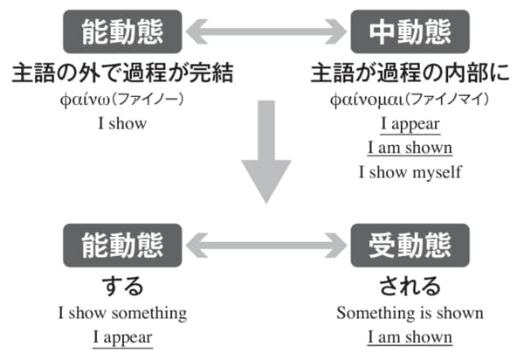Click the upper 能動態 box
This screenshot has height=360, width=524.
122,31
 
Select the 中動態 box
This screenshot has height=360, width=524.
410,31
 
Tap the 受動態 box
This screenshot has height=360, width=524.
410,246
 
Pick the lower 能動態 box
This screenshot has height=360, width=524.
122,246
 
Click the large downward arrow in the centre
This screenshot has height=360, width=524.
266,151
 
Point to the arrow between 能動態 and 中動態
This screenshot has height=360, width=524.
266,31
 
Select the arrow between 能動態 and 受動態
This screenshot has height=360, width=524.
266,246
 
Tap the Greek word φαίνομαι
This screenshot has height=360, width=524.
367,100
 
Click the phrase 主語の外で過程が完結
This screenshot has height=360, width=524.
122,73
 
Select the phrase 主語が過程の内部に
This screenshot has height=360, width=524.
410,73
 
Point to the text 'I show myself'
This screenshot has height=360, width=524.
410,172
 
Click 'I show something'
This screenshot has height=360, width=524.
122,313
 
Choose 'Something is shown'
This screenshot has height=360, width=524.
410,313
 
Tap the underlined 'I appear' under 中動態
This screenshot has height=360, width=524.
410,124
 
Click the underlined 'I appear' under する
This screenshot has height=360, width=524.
122,337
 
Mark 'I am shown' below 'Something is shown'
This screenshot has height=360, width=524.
410,337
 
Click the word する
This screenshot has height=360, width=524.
122,287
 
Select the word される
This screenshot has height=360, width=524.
410,287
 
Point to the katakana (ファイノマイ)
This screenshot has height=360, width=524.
447,100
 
